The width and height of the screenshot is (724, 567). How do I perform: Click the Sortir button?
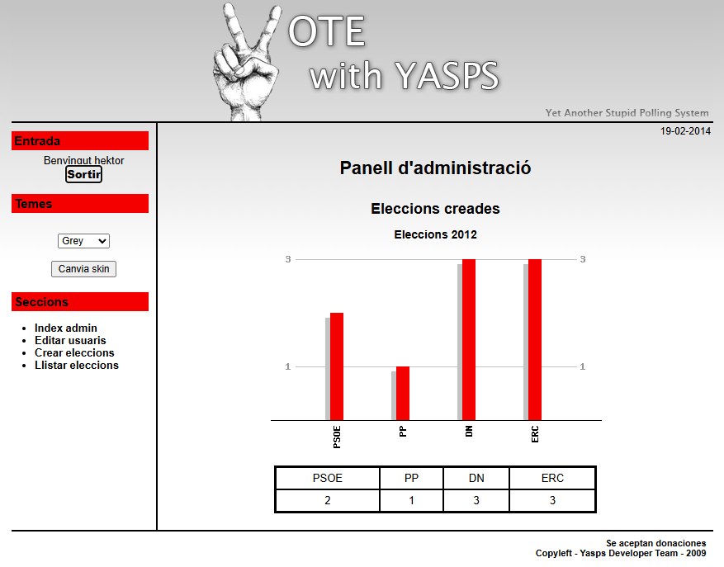(x=83, y=174)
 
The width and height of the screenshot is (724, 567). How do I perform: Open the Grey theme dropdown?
(x=83, y=240)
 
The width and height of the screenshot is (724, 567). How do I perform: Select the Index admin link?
(x=65, y=328)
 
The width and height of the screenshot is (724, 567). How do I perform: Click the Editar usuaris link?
(x=70, y=340)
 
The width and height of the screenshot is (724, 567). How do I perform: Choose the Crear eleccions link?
(x=74, y=352)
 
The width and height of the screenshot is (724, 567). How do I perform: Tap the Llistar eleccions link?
(x=77, y=366)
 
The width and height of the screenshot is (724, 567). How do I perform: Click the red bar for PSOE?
(x=337, y=366)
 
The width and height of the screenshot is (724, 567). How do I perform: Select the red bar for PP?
(x=403, y=394)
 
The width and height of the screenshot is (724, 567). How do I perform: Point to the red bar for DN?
(x=469, y=340)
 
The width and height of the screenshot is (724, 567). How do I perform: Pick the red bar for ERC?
(x=535, y=340)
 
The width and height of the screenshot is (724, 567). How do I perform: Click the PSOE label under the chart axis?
(x=337, y=437)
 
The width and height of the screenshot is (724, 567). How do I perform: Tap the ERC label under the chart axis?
(x=535, y=434)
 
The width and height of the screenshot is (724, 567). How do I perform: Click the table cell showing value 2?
(x=328, y=500)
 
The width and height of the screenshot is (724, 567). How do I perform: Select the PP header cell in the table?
(x=411, y=478)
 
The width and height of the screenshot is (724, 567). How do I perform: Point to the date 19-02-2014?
(x=685, y=131)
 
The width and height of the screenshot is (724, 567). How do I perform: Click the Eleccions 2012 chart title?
(x=435, y=234)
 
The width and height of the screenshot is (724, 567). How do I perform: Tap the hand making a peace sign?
(x=246, y=63)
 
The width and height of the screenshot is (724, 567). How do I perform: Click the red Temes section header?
(x=80, y=204)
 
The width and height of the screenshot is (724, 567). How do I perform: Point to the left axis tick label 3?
(x=288, y=259)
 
